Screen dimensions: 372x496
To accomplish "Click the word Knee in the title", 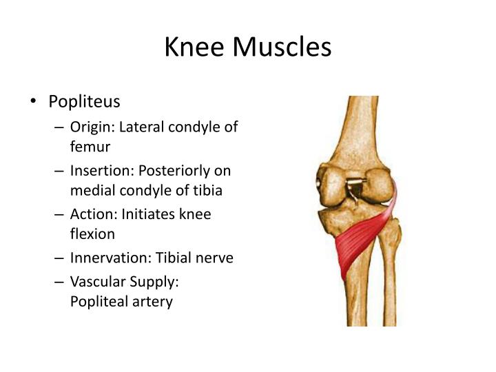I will point(195,48).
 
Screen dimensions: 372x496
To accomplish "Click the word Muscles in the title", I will point(282,48).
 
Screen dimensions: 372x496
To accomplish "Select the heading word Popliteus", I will point(84,102).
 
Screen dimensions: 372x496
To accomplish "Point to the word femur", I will point(90,146).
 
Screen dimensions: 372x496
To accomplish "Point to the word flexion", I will point(92,234).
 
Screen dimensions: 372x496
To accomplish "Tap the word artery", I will point(151,302).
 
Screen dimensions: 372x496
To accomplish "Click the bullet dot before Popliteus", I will point(33,103).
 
